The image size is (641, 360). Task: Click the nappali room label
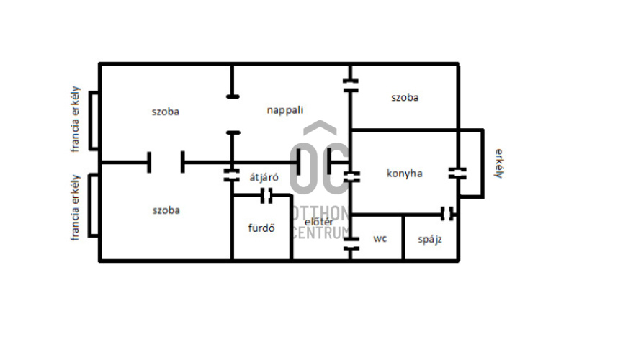click(x=285, y=110)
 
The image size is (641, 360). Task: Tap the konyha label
click(x=404, y=174)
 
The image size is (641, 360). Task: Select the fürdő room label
click(x=261, y=228)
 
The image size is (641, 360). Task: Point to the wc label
click(x=380, y=238)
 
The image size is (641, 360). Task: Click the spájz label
click(x=430, y=240)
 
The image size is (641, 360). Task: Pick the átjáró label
click(x=264, y=177)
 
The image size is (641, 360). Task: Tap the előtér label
click(x=319, y=222)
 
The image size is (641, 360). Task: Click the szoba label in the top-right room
click(x=405, y=98)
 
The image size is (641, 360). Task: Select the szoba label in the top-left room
click(x=165, y=112)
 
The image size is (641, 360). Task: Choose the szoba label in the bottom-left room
click(x=166, y=210)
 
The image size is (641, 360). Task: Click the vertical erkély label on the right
click(x=499, y=163)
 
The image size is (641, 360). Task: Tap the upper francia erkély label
click(x=75, y=120)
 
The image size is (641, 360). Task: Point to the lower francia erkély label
click(x=75, y=207)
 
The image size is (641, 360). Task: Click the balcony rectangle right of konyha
click(x=483, y=163)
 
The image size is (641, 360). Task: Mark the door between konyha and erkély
click(x=457, y=174)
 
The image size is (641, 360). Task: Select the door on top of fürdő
click(x=266, y=196)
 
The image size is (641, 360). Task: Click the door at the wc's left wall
click(x=351, y=243)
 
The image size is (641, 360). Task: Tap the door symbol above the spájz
click(x=447, y=214)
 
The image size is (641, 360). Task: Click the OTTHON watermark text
click(x=320, y=213)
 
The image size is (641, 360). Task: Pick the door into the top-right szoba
click(x=351, y=86)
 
